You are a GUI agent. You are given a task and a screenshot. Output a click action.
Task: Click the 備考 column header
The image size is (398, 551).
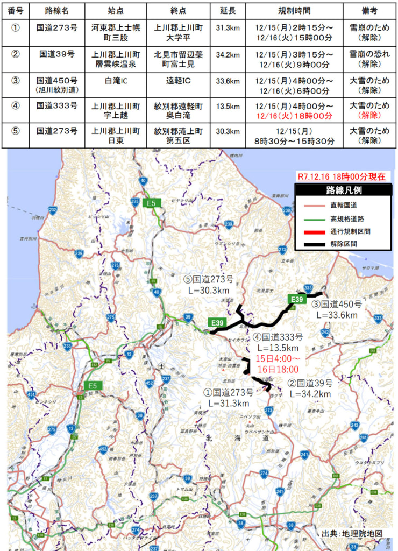(368, 10)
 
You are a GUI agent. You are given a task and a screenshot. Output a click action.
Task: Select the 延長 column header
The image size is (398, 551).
(228, 10)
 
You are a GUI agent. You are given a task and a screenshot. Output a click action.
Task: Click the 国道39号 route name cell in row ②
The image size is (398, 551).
(57, 54)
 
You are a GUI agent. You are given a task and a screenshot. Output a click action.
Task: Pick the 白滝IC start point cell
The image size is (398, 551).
(116, 80)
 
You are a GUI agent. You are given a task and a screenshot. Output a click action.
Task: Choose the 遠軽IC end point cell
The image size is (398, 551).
(176, 80)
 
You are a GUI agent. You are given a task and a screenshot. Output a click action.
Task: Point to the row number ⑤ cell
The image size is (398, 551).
(16, 131)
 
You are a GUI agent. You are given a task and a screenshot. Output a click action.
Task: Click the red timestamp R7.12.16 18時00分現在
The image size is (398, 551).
(342, 176)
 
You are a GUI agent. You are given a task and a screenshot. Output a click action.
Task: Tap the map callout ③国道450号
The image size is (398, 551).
(337, 304)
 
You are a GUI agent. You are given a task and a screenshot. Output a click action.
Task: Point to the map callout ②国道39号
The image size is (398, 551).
(310, 384)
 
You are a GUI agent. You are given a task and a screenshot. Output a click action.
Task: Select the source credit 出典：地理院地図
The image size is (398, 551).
(352, 533)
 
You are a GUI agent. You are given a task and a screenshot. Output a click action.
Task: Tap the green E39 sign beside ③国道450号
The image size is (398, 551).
(297, 299)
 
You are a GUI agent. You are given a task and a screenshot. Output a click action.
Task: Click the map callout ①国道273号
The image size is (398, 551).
(228, 392)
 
